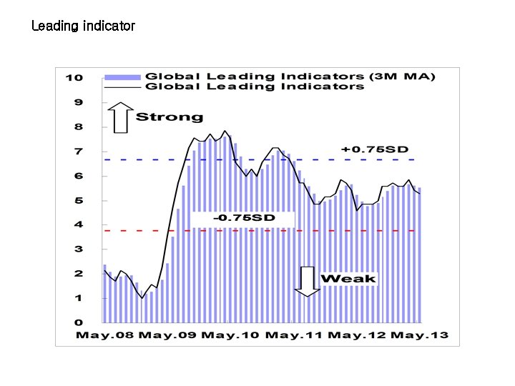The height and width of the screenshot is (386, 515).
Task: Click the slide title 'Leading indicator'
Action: [83, 26]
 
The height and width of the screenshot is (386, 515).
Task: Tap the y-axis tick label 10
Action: [74, 77]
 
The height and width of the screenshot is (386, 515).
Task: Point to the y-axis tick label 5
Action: [79, 200]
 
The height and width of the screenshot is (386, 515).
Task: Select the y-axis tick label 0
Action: [79, 322]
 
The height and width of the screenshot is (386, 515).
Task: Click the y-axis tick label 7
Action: [79, 152]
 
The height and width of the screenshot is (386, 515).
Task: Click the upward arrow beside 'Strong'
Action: [121, 118]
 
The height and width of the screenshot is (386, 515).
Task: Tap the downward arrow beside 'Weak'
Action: [308, 281]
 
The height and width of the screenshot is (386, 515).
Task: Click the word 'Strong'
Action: [170, 117]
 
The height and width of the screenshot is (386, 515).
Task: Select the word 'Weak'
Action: [348, 278]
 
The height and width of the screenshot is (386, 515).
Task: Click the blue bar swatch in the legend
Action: [122, 76]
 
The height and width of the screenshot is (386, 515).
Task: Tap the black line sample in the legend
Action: [122, 86]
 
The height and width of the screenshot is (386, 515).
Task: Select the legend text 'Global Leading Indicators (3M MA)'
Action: [290, 76]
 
